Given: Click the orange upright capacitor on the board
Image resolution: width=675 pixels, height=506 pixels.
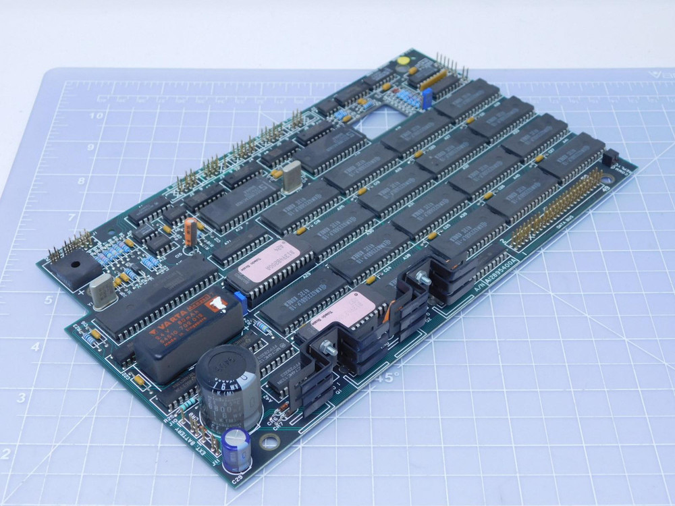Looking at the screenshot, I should [x=192, y=230].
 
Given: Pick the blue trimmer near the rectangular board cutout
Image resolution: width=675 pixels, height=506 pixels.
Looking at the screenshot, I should [x=427, y=98].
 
